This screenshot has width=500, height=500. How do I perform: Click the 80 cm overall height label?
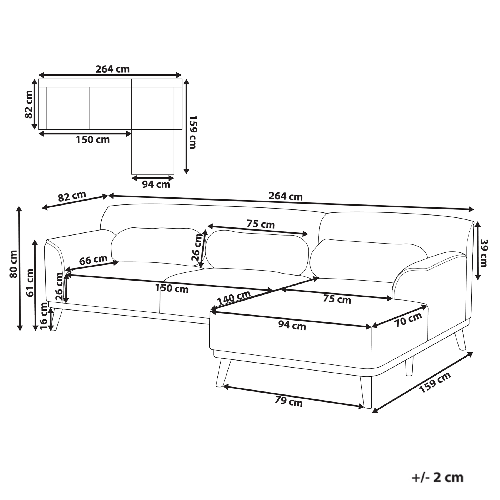click(x=13, y=264)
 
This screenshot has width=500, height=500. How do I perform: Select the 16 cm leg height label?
click(x=44, y=316)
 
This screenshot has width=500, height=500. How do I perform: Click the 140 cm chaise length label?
click(x=234, y=297)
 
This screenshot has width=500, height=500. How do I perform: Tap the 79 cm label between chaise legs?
click(x=289, y=401)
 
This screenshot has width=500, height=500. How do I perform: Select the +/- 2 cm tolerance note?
click(x=437, y=477)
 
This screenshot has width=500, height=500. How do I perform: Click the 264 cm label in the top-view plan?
click(x=112, y=69)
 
